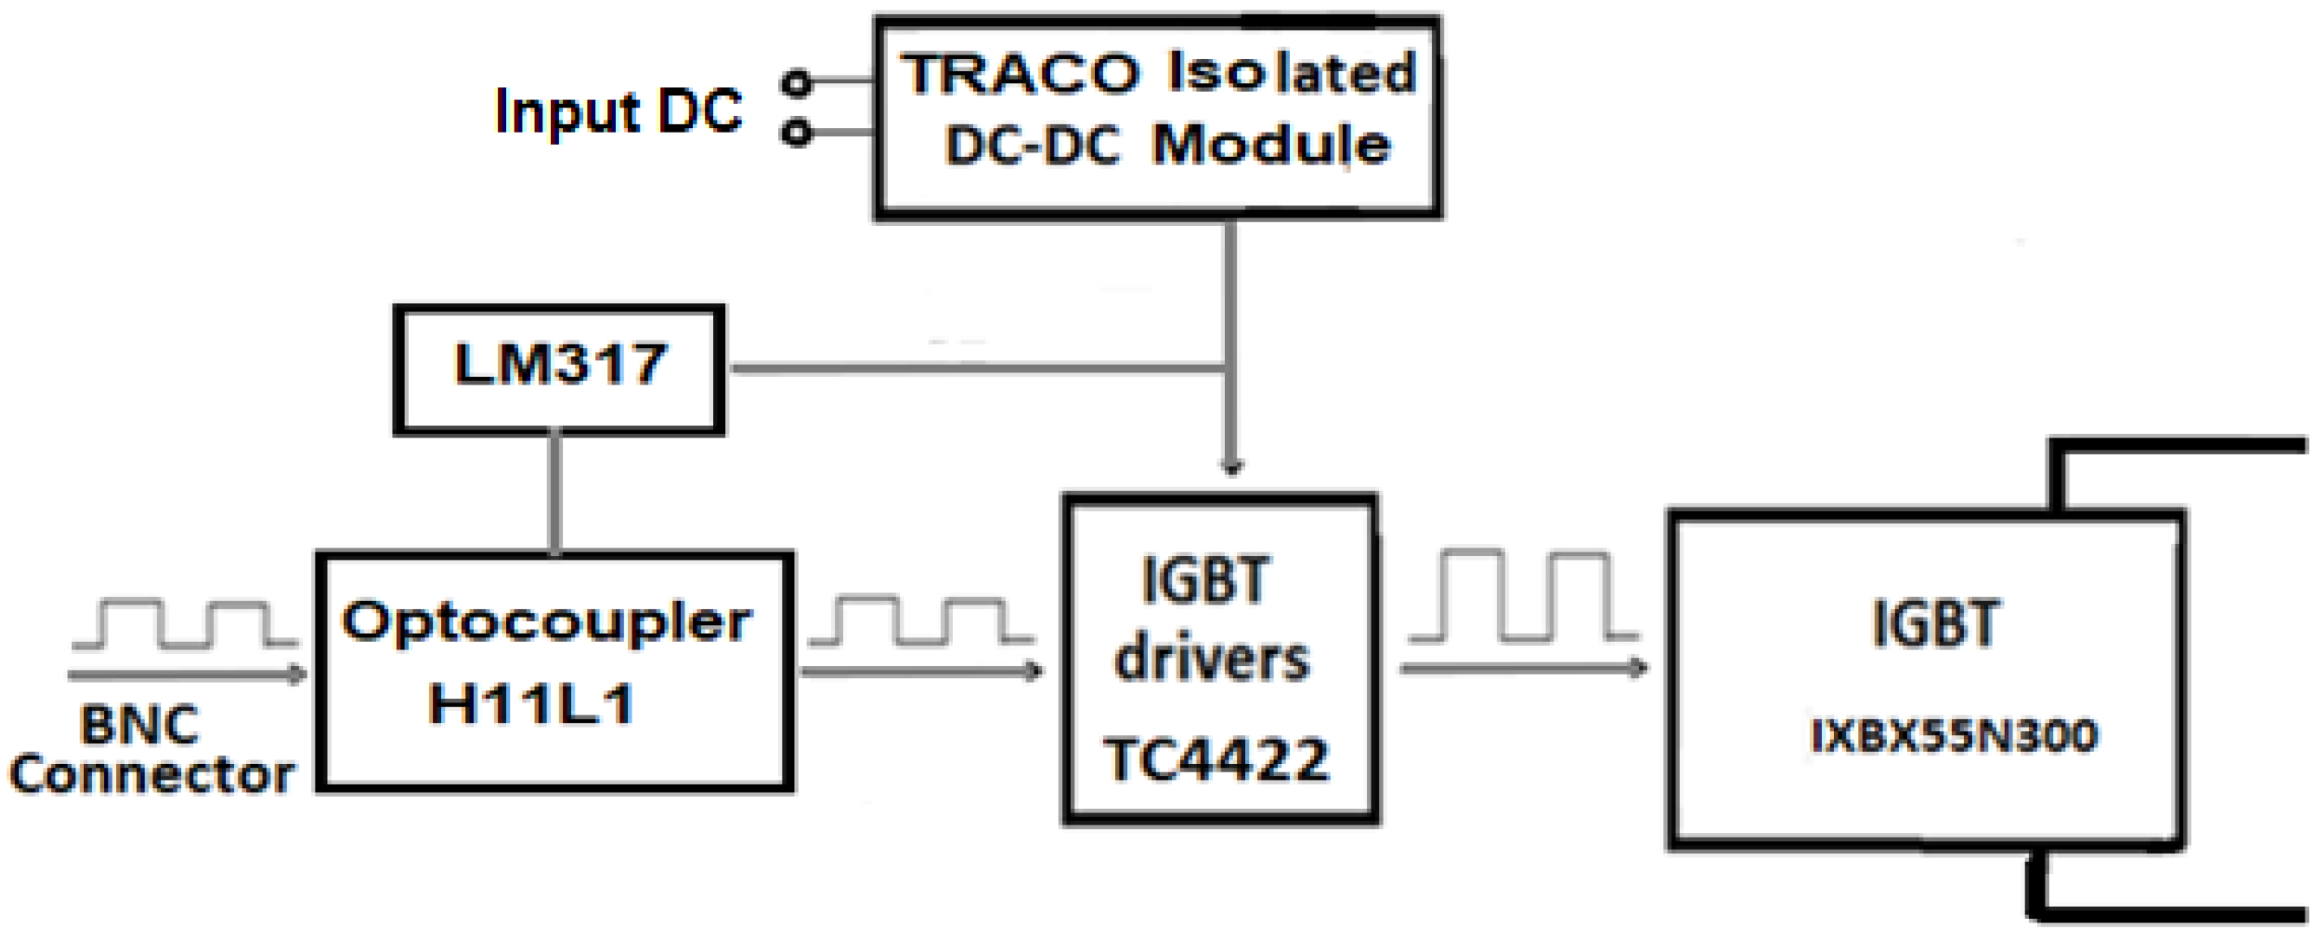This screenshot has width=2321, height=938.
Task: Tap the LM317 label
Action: click(x=560, y=365)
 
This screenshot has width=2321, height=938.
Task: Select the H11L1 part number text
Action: click(x=532, y=702)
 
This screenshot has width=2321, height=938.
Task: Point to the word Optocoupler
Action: click(x=546, y=623)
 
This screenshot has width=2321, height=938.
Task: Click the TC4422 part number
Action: click(x=1216, y=760)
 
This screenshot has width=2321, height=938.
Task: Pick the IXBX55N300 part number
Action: click(x=1954, y=736)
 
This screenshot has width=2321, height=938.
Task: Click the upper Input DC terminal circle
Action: click(x=795, y=83)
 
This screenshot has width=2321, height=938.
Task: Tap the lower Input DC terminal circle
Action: click(x=795, y=133)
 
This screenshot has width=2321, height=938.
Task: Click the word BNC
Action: click(x=139, y=725)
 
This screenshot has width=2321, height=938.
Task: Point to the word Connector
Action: click(x=152, y=775)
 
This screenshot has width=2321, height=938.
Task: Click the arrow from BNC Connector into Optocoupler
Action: click(x=187, y=673)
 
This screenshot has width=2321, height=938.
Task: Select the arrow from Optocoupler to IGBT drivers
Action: click(x=921, y=670)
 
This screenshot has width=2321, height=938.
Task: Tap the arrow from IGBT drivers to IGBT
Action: click(x=1523, y=668)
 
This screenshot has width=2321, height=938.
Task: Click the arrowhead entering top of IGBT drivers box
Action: click(x=1232, y=466)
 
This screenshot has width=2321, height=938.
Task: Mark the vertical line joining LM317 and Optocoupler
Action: click(x=555, y=493)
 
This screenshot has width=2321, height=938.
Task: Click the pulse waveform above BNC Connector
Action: click(x=185, y=624)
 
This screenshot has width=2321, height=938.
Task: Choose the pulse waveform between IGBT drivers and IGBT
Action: click(x=1523, y=597)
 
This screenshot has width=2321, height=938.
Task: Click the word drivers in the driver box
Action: click(x=1212, y=661)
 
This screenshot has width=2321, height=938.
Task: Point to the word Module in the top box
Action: click(x=1271, y=144)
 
